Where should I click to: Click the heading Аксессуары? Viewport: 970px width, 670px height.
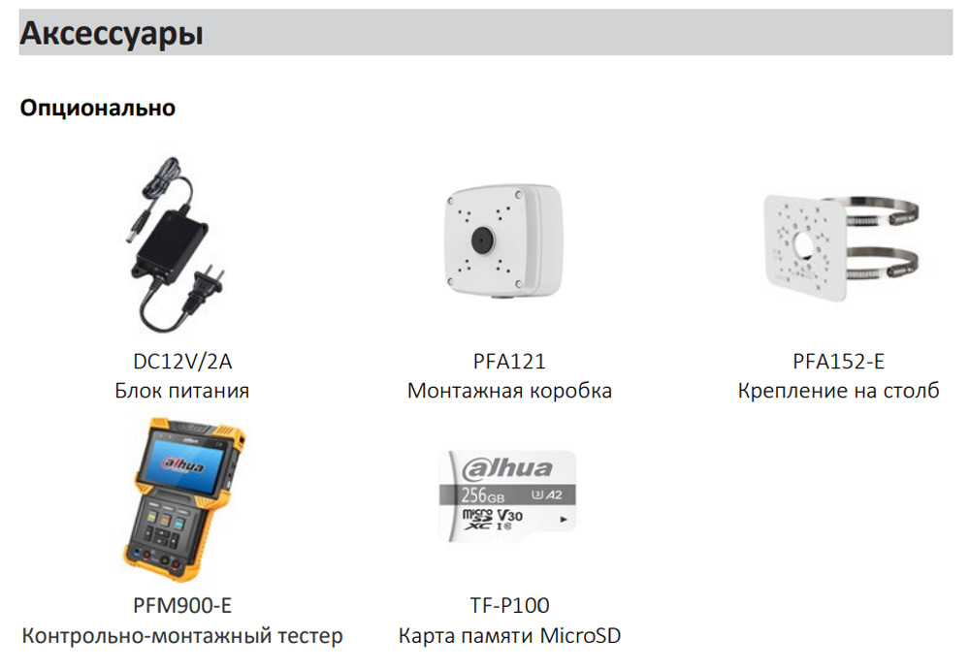(112, 34)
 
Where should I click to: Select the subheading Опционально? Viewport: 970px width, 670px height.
(98, 108)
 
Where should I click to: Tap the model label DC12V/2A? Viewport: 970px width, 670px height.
(182, 362)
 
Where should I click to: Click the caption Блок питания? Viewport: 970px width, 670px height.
(182, 391)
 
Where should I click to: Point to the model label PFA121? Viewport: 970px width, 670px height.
(509, 362)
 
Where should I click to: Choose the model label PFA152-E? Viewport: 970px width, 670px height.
(838, 362)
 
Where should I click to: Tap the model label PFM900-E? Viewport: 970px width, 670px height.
(182, 605)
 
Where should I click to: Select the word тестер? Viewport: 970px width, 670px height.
(310, 635)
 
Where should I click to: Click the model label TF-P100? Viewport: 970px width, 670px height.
(509, 605)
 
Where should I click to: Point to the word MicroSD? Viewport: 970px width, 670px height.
(580, 635)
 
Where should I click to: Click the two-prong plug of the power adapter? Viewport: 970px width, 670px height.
(209, 286)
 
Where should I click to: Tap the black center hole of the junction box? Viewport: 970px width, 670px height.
(482, 240)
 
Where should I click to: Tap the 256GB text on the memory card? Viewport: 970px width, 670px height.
(482, 495)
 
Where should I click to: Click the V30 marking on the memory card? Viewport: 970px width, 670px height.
(510, 515)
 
